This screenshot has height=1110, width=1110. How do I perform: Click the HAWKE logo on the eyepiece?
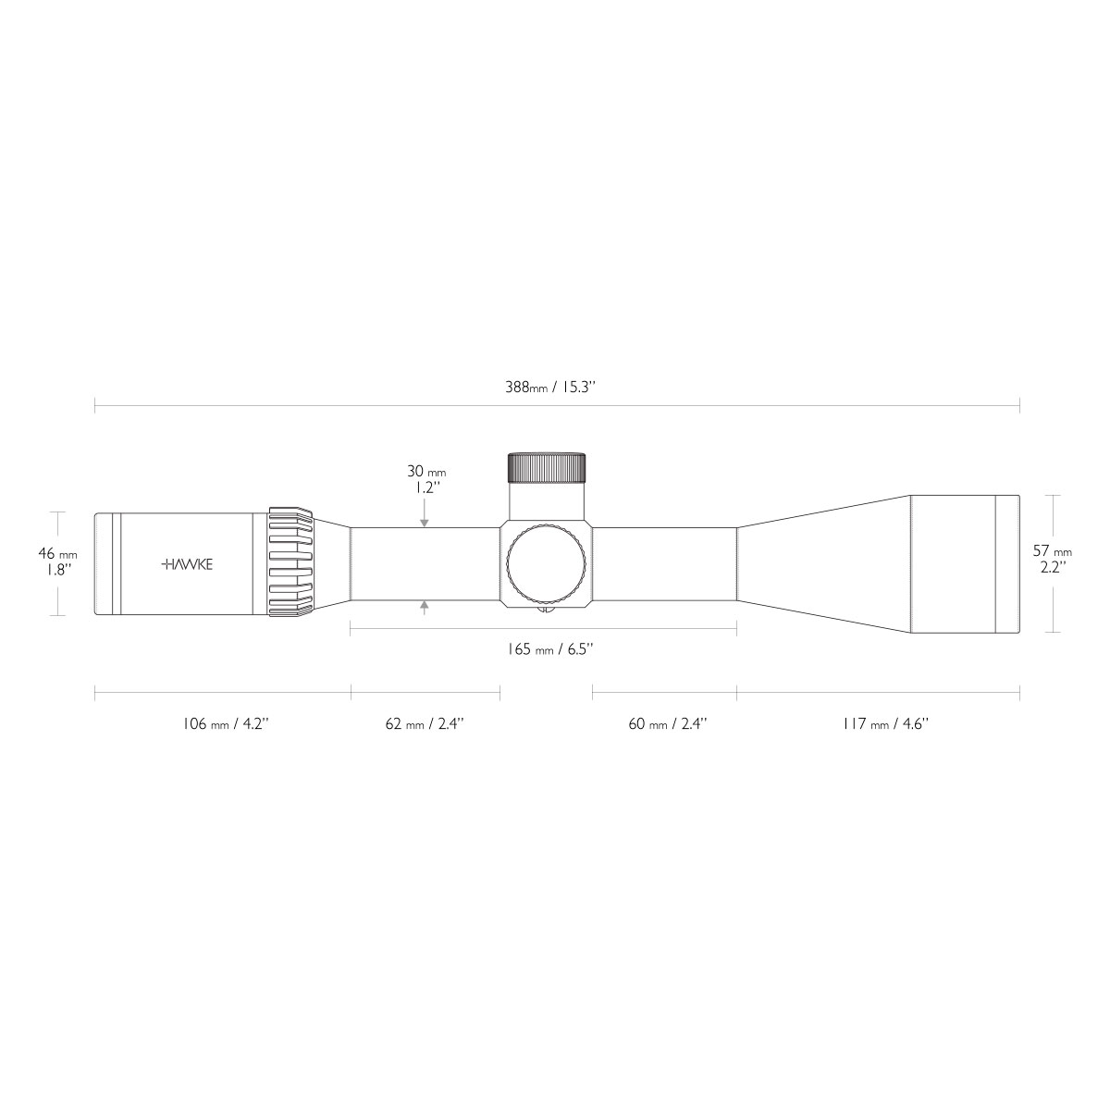coord(187,564)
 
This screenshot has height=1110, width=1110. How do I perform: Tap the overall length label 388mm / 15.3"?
coord(549,387)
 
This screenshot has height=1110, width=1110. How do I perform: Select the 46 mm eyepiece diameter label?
coord(57,554)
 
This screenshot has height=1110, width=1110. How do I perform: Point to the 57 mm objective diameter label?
coord(1053,551)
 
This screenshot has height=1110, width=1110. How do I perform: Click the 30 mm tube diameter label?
coord(426,471)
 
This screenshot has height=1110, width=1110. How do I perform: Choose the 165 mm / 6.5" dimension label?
coord(550,649)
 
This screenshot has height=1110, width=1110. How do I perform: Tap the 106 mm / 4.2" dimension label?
coord(226,723)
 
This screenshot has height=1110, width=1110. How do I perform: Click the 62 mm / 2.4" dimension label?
coord(425,723)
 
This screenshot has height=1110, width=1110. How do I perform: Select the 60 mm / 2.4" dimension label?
coord(668,723)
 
